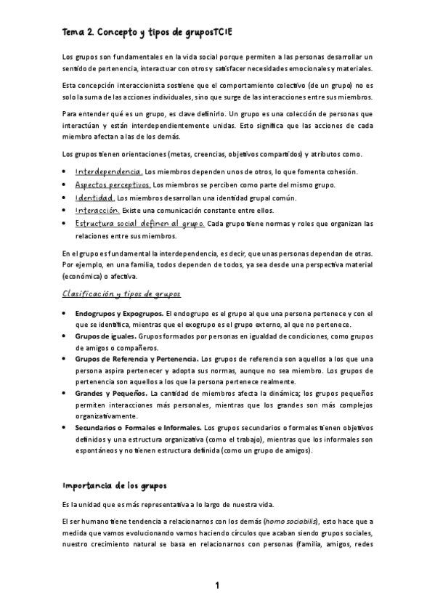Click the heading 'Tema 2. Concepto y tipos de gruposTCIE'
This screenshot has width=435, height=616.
point(147,32)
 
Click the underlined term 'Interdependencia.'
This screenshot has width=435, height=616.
point(108,171)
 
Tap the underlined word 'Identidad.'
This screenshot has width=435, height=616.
point(95,198)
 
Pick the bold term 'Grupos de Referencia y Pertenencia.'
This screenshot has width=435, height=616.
point(137,359)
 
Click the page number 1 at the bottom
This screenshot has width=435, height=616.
point(216,585)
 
